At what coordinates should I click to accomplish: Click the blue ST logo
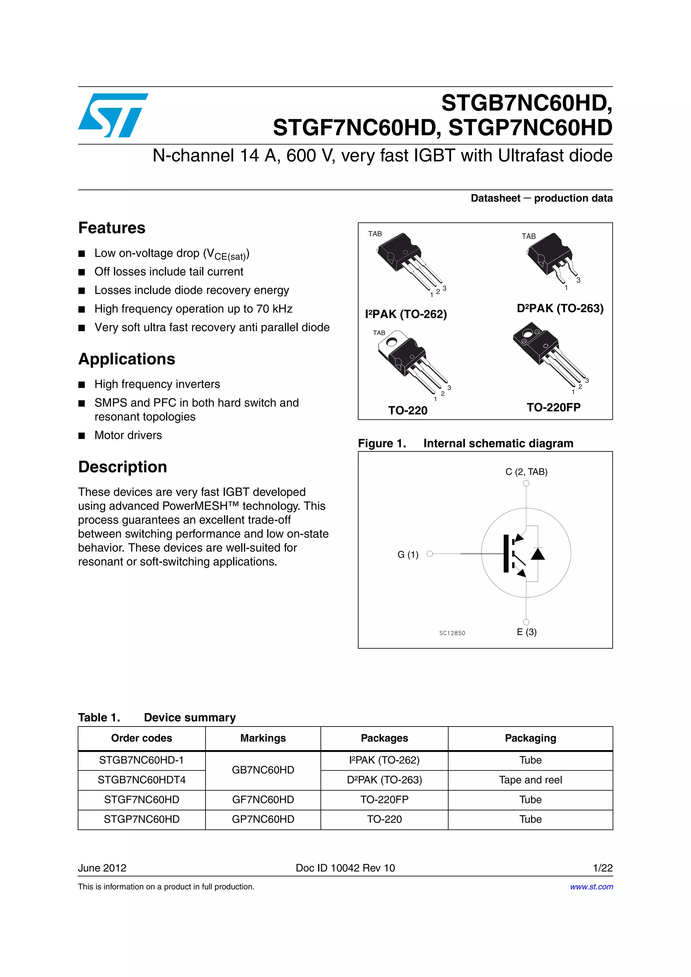113,115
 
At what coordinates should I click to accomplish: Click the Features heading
112,228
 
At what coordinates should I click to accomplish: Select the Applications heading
127,359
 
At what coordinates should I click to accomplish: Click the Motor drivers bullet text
128,435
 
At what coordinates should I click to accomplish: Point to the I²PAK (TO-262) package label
406,315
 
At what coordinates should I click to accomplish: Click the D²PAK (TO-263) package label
560,308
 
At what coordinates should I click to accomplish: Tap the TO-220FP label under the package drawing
553,408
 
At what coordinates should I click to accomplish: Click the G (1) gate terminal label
408,555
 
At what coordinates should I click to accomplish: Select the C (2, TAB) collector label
526,472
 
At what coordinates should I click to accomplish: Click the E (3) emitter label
527,632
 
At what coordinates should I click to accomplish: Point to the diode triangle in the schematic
538,554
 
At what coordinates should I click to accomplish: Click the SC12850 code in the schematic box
452,633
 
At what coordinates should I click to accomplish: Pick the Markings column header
263,738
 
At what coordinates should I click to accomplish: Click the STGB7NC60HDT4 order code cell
141,780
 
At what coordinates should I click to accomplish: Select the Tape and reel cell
530,780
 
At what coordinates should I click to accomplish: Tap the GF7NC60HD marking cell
263,800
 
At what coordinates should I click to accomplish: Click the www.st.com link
591,887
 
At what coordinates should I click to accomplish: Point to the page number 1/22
603,868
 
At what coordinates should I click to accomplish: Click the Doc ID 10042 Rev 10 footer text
345,868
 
